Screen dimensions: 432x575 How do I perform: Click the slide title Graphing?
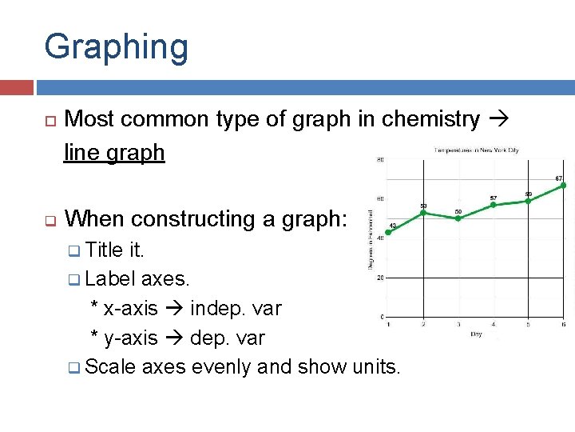point(117,47)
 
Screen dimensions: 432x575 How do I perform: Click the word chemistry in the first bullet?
point(430,119)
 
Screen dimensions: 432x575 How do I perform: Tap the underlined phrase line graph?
point(114,152)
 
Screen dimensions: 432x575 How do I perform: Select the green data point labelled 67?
point(562,186)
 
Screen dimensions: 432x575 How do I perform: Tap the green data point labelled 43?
point(388,233)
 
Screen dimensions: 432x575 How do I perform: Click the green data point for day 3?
point(458,218)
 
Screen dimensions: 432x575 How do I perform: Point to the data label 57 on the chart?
point(494,197)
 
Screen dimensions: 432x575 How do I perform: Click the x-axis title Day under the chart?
point(476,334)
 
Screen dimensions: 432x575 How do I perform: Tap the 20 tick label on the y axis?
point(379,278)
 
